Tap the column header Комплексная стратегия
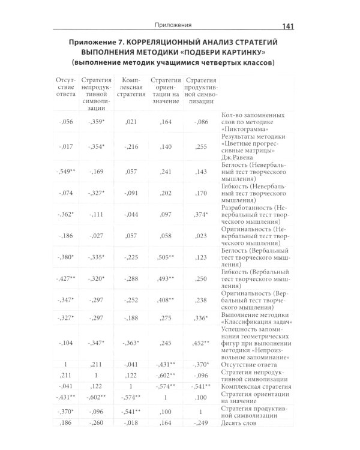(x=131, y=87)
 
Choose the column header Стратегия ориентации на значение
(x=166, y=91)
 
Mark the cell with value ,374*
(x=200, y=214)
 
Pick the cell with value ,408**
(x=166, y=299)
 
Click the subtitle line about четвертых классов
(x=173, y=63)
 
